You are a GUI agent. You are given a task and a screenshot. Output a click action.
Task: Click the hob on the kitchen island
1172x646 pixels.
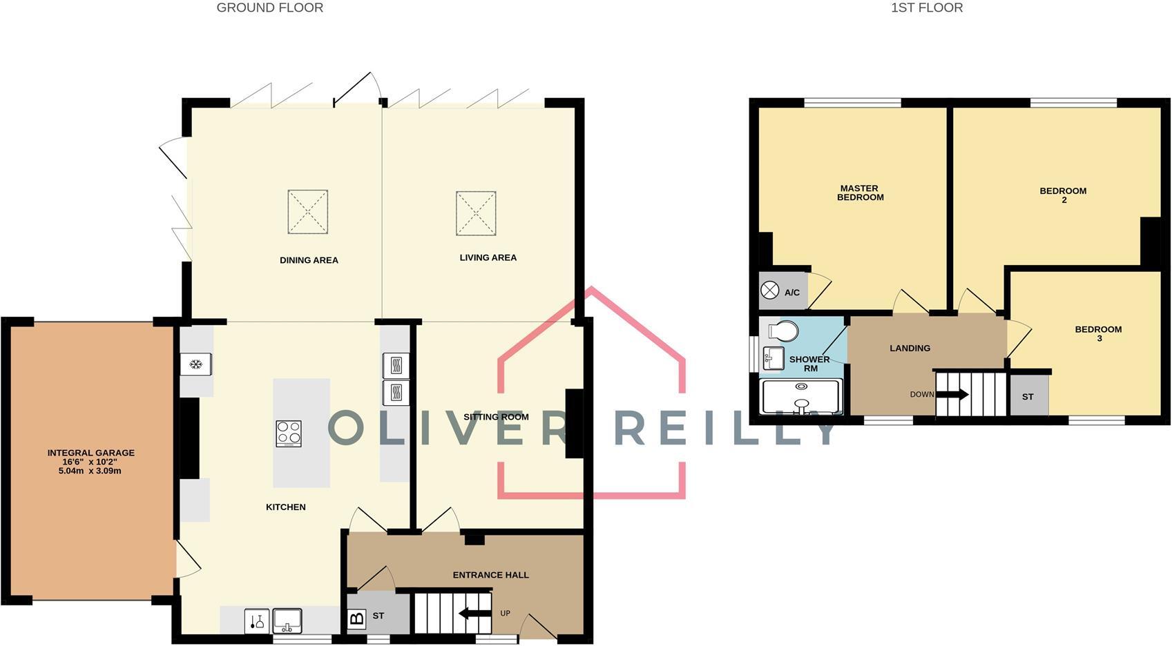[x=289, y=433]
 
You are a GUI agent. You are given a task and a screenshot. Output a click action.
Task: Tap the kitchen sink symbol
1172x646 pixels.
[x=287, y=620]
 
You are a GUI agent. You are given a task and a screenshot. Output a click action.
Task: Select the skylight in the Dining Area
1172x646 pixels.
[x=308, y=212]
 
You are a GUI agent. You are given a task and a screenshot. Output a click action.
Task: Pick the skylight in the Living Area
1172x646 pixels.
[x=476, y=213]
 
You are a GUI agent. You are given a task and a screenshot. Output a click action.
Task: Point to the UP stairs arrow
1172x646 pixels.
[x=475, y=613]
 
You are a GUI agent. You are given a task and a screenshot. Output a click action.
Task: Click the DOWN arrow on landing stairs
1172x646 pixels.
[x=952, y=395]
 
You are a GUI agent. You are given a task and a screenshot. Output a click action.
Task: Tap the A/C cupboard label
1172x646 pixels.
[x=792, y=293]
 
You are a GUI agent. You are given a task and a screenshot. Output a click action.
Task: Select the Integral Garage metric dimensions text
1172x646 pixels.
[x=90, y=471]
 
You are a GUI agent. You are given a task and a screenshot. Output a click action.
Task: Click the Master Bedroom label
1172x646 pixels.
[x=860, y=193]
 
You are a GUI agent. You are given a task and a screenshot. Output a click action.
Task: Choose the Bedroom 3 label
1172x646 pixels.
[x=1098, y=333]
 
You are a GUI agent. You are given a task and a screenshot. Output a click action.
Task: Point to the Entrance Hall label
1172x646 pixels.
[x=490, y=575]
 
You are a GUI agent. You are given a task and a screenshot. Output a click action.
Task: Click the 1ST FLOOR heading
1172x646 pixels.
[x=927, y=8]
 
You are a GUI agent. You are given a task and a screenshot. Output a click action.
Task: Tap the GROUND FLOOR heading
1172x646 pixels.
[x=270, y=8]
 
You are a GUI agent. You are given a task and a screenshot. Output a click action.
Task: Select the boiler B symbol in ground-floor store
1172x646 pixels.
[x=356, y=618]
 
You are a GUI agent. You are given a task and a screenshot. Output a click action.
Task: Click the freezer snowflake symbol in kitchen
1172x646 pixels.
[x=196, y=364]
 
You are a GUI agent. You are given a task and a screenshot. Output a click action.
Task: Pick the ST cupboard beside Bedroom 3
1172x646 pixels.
[x=1028, y=396]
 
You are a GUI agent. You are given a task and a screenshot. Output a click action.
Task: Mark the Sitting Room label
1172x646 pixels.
[x=496, y=417]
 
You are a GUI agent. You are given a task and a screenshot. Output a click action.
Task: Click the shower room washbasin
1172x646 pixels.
[x=774, y=358]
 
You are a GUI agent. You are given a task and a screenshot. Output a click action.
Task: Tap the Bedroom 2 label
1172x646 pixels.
[x=1064, y=195]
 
